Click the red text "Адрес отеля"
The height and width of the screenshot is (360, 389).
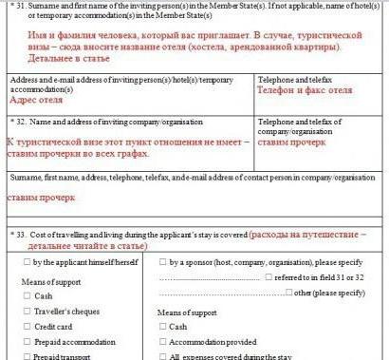[36, 98]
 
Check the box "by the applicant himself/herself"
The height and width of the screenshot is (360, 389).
[26, 261]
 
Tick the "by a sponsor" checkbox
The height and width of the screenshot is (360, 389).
[163, 261]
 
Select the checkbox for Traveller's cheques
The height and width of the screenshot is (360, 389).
[26, 311]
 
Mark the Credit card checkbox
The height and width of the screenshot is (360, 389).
[26, 326]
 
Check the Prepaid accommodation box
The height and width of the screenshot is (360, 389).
[26, 341]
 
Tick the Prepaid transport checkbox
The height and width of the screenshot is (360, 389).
[26, 355]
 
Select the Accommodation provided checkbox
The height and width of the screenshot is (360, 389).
[163, 341]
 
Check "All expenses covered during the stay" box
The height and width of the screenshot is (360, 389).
[163, 355]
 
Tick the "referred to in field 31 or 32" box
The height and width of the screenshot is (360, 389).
[268, 276]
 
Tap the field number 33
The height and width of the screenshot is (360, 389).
[20, 234]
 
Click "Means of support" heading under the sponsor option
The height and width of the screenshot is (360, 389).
[188, 312]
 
